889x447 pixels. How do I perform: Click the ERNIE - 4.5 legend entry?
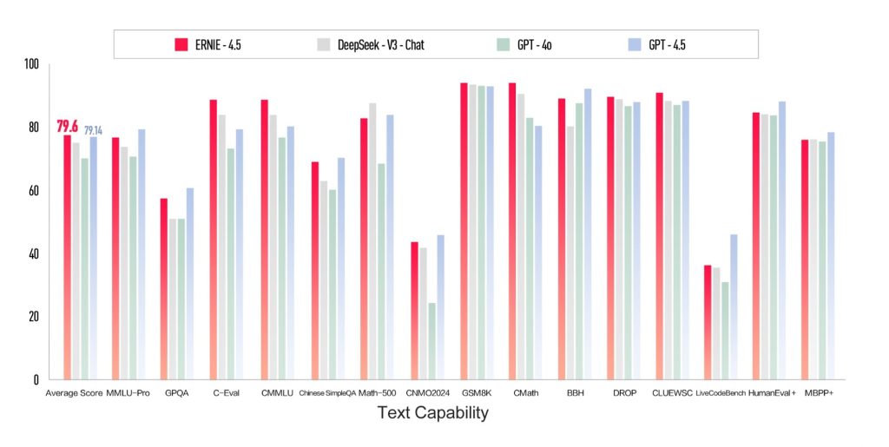(x=207, y=44)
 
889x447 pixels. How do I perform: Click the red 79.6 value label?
(x=67, y=126)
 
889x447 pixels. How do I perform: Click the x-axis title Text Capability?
(x=432, y=414)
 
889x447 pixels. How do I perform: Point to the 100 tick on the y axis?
(x=31, y=64)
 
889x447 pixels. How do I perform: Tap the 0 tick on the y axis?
(x=35, y=379)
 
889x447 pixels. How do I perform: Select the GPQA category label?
(x=176, y=393)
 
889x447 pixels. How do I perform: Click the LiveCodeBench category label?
(x=721, y=393)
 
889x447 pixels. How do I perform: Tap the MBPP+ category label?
(x=817, y=393)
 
